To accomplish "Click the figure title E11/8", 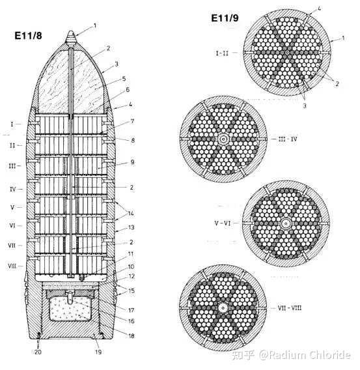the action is click(28, 36).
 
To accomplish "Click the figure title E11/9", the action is click(225, 18).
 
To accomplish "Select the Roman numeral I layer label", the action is click(12, 124).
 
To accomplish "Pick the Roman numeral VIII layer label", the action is click(12, 266).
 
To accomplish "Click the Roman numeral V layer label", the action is click(12, 207).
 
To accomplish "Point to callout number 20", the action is click(38, 352).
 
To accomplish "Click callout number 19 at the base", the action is click(98, 352).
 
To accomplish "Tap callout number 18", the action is click(132, 335).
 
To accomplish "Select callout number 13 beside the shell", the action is click(132, 227).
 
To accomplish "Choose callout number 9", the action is click(133, 162).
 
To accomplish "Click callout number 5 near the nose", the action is click(124, 79).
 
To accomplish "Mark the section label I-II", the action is click(222, 53).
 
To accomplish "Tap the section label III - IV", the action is click(288, 139).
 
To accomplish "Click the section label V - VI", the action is click(223, 223).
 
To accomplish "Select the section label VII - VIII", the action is click(290, 307).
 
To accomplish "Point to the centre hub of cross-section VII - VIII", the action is click(223, 307).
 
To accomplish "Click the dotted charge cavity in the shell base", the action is click(70, 309).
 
